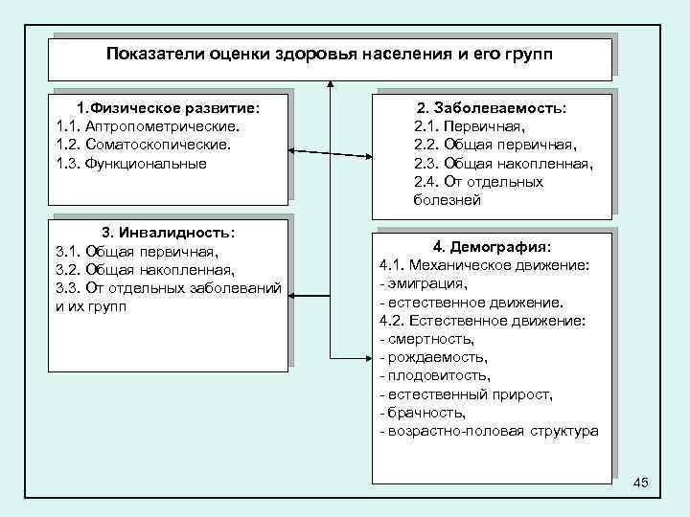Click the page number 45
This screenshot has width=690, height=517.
641,483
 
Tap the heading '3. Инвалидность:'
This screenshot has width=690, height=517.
168,233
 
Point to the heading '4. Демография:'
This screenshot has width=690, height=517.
492,245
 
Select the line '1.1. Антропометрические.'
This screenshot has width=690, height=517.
149,125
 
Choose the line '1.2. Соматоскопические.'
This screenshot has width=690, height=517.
144,145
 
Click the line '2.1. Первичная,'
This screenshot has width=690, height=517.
470,126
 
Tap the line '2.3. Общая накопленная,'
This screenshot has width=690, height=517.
503,164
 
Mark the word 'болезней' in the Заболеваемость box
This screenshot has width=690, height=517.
448,200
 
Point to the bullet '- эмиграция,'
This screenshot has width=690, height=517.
424,282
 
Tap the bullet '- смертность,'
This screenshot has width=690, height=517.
427,338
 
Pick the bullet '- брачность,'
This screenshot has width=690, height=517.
423,413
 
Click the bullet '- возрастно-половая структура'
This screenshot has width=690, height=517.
489,431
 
